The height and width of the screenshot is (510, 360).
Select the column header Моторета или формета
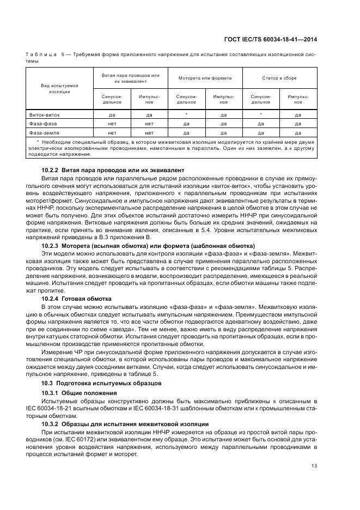click(205, 78)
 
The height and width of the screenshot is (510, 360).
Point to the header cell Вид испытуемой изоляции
click(60, 89)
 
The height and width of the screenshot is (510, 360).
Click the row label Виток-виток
click(45, 115)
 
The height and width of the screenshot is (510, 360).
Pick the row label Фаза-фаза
click(42, 124)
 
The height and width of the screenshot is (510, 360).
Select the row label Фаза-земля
click(44, 132)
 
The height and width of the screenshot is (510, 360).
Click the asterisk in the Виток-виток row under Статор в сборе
click(260, 114)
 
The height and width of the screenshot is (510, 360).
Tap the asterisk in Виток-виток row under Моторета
click(186, 114)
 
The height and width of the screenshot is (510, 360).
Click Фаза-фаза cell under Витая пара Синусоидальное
click(112, 124)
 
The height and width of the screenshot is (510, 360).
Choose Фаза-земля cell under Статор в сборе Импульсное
click(298, 132)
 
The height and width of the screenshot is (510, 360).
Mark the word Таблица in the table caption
click(40, 54)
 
